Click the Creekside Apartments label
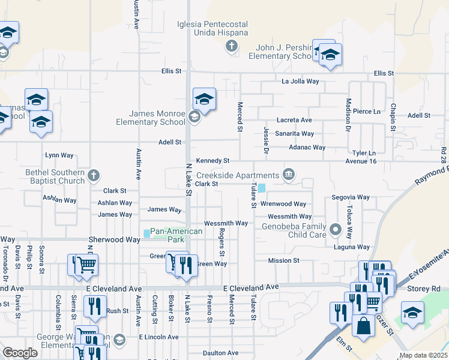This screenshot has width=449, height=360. [247, 174]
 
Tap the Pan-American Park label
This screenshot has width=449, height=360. [167, 235]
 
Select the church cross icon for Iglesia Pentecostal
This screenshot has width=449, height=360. [231, 46]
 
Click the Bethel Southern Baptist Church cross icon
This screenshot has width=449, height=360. [92, 176]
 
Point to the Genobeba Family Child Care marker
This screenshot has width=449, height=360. [336, 229]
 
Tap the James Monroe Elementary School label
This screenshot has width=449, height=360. [157, 118]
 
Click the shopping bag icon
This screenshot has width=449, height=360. [363, 326]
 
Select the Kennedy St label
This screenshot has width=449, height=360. [212, 161]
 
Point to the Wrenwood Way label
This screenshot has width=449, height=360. [288, 205]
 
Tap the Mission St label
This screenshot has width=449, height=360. [283, 260]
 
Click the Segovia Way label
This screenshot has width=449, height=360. [351, 197]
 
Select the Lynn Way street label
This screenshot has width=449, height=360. [59, 155]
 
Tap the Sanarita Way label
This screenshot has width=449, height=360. [294, 134]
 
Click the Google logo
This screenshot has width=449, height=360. [20, 353]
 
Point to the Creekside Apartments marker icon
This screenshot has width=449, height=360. [289, 175]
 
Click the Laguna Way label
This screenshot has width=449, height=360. [351, 247]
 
